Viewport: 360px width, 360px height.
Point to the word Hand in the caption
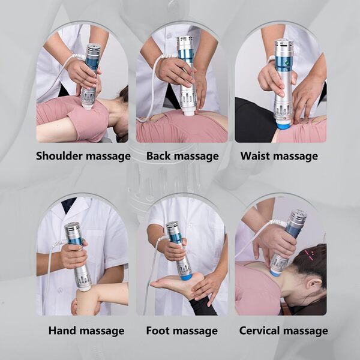click(62, 331)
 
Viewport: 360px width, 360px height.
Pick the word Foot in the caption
click(159, 331)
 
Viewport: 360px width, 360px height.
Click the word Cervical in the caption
click(262, 331)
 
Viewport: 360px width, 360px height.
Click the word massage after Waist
click(296, 156)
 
